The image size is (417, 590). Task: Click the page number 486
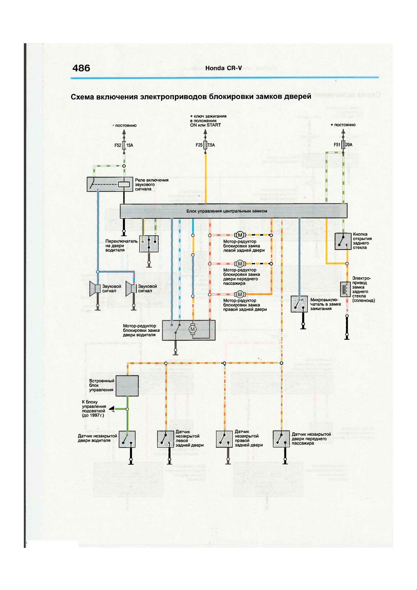pos(81,68)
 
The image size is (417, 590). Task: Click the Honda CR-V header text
pos(223,68)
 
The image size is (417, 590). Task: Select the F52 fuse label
pos(118,145)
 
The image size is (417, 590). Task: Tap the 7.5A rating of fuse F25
pos(211,145)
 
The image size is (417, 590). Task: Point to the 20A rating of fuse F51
pos(349,145)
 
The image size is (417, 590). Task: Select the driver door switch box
pos(149,243)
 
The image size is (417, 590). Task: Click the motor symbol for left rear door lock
pos(240,235)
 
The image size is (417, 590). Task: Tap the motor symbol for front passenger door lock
pos(240,264)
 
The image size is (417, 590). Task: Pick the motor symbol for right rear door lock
pos(240,294)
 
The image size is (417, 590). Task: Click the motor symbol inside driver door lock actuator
pos(192,329)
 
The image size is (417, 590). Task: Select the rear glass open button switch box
pos(343,241)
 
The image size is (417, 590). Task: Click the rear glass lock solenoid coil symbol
pos(346,289)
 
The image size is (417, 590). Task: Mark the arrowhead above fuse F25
pos(205,133)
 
